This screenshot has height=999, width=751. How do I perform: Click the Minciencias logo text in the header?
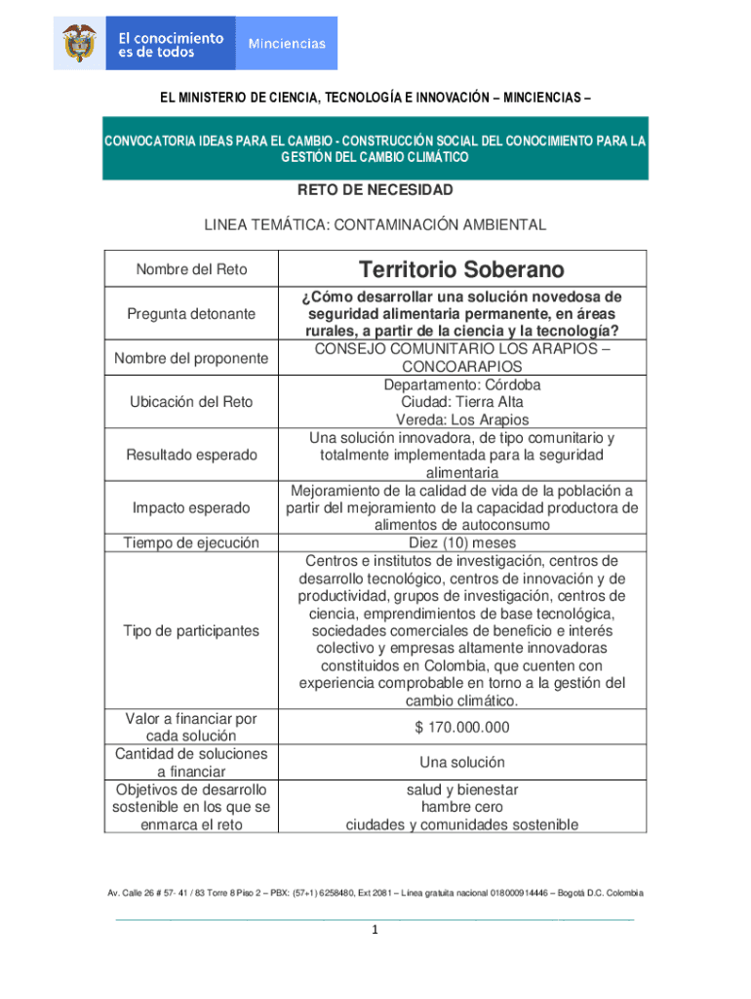287,43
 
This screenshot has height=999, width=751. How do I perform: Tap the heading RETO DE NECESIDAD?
375,189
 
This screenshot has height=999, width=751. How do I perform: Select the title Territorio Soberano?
461,269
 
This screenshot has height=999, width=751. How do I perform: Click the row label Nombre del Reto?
191,269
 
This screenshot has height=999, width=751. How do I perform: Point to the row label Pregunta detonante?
191,314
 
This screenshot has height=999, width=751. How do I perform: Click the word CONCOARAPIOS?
462,367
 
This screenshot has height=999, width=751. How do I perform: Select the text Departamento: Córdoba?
462,384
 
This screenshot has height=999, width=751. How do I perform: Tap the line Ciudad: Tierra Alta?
462,402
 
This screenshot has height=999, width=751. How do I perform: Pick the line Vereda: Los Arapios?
462,420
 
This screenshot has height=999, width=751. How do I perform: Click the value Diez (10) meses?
462,542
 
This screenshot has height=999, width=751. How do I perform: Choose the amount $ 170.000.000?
462,728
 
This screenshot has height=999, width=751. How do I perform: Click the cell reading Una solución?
462,762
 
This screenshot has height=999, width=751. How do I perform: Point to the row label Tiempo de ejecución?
191,542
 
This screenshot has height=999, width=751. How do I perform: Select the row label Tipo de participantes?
191,630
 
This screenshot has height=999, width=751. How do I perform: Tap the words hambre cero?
462,807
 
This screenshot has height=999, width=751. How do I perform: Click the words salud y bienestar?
462,789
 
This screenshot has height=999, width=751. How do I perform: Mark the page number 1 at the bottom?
375,931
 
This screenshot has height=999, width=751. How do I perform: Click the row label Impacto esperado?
191,507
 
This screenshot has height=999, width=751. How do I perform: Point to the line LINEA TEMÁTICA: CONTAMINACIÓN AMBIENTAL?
375,224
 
